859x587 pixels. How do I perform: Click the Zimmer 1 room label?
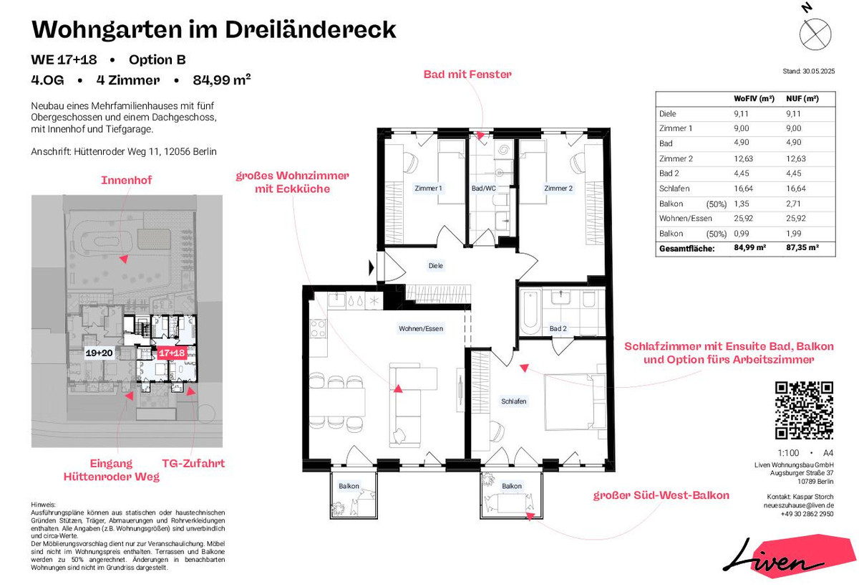click(428, 188)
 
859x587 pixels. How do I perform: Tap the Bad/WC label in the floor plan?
click(484, 188)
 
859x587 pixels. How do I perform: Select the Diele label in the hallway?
click(436, 265)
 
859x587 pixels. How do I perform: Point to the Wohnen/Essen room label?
click(421, 329)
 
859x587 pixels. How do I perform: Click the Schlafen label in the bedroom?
click(513, 401)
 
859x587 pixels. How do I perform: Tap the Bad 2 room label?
click(558, 329)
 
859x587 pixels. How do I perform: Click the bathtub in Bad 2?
click(530, 312)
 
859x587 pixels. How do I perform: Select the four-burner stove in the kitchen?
click(318, 329)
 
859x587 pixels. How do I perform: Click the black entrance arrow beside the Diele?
click(372, 267)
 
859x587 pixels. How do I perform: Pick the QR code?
click(804, 410)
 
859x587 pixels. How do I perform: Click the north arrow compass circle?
click(815, 34)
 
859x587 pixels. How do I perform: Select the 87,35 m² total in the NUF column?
click(802, 247)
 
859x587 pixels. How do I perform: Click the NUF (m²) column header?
click(802, 99)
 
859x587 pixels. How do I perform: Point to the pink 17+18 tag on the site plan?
click(172, 353)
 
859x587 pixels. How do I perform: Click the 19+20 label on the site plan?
click(99, 353)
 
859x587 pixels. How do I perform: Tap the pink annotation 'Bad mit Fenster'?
click(467, 74)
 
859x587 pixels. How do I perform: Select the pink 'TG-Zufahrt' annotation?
click(193, 464)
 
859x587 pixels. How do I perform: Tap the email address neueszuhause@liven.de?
click(798, 505)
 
